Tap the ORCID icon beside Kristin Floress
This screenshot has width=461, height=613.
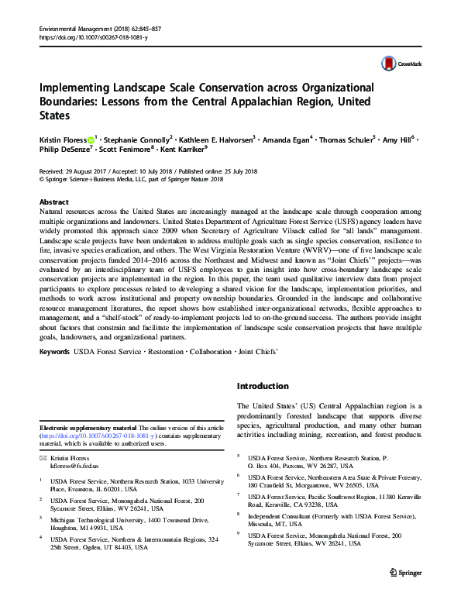click(x=90, y=139)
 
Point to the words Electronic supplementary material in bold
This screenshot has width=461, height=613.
click(x=87, y=428)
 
